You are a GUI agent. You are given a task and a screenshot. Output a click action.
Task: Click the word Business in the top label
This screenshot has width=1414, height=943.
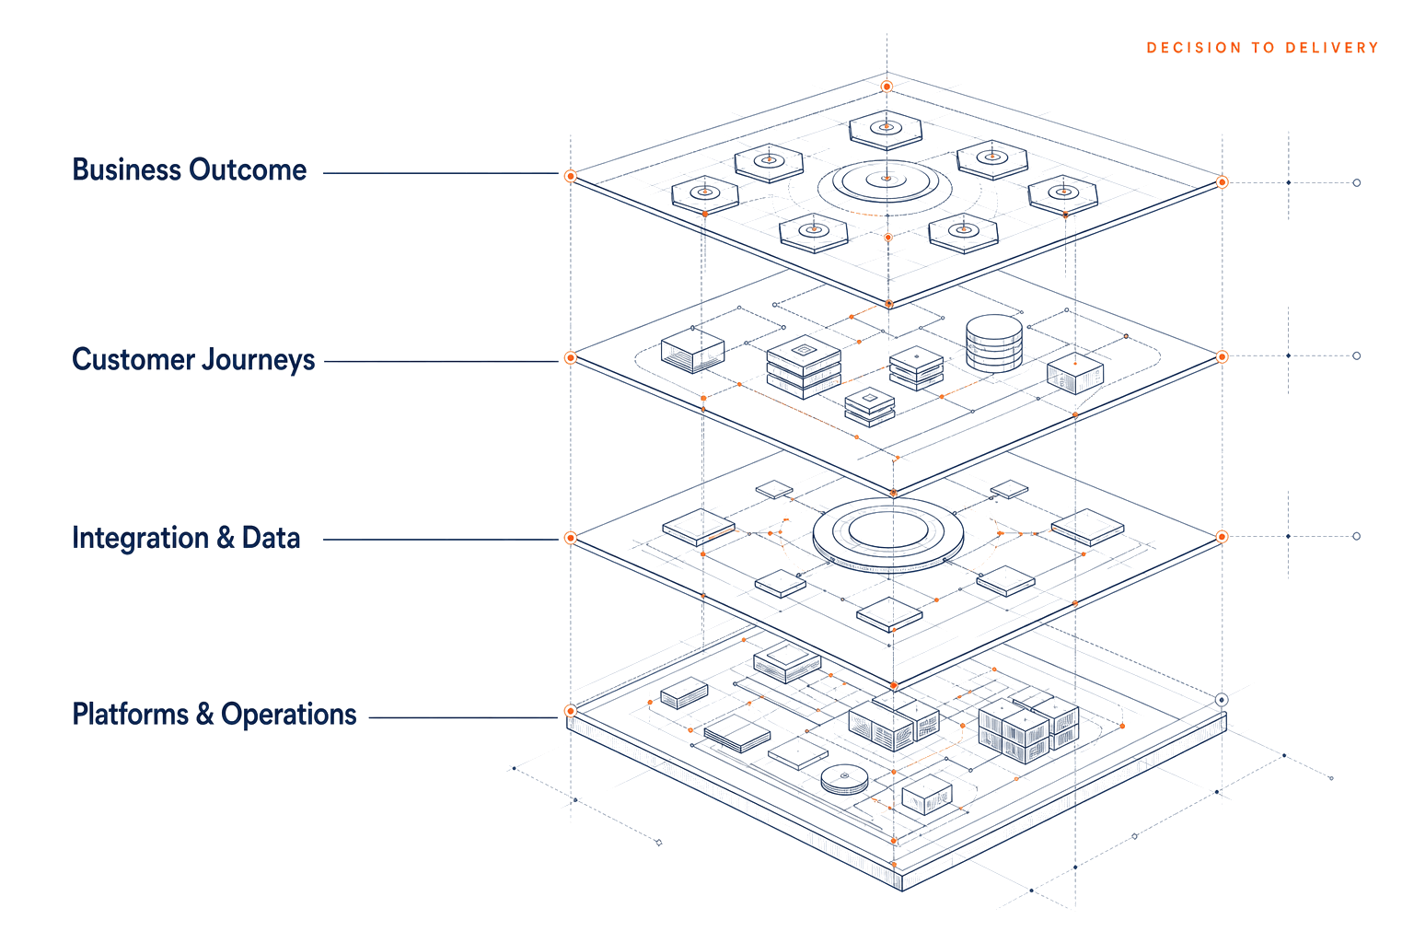point(126,169)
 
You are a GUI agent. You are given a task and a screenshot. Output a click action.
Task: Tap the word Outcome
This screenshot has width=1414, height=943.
point(248,169)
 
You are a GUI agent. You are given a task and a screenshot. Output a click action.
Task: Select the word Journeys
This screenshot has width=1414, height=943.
point(258,360)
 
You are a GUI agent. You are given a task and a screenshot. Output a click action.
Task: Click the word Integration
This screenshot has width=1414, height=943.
point(140,538)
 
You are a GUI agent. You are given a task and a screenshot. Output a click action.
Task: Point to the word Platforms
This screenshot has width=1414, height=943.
point(130,715)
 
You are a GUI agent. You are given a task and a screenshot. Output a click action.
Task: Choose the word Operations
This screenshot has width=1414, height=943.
point(288,715)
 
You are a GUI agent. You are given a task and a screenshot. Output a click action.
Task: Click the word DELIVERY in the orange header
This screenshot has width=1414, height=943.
point(1332,48)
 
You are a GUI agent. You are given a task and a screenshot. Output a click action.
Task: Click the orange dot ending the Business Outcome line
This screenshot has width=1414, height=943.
point(570,176)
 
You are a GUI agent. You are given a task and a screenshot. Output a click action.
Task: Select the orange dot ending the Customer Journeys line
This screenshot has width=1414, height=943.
point(570,358)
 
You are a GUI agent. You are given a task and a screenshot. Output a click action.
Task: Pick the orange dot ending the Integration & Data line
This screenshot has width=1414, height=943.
point(570,538)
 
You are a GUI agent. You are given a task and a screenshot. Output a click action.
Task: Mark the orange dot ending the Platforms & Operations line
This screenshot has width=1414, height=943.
point(570,711)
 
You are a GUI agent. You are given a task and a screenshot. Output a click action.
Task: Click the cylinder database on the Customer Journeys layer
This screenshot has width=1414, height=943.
point(994,343)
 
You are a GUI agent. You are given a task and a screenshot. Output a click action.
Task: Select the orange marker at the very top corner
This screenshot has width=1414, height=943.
point(887,86)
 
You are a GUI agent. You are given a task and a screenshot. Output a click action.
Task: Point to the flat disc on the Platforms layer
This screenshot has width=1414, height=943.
point(844,779)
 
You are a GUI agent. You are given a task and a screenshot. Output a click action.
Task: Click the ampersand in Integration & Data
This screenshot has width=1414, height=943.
point(226,538)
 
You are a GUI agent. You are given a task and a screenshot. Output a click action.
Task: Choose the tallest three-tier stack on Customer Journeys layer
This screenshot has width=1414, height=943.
point(804,367)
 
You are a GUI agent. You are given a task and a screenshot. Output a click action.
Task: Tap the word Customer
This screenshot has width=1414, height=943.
point(133,359)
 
